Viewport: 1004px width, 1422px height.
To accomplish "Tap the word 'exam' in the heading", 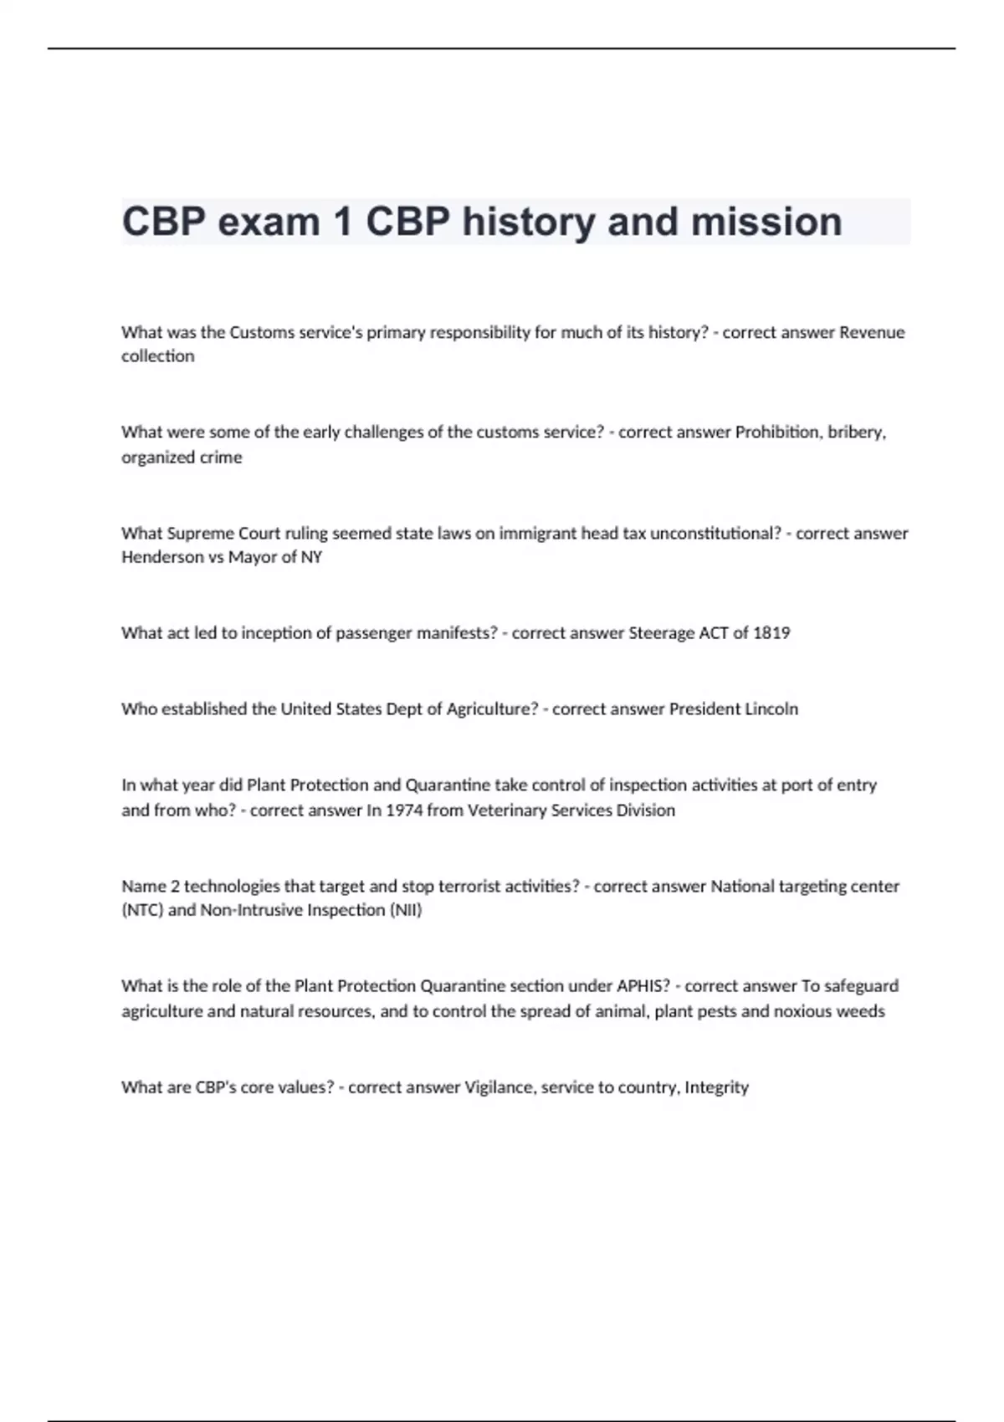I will pos(264,223).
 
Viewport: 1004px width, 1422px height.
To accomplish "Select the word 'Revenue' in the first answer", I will pos(872,332).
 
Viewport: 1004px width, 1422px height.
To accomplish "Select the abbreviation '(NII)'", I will pos(406,910).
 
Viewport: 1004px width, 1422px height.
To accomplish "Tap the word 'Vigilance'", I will pos(499,1087).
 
